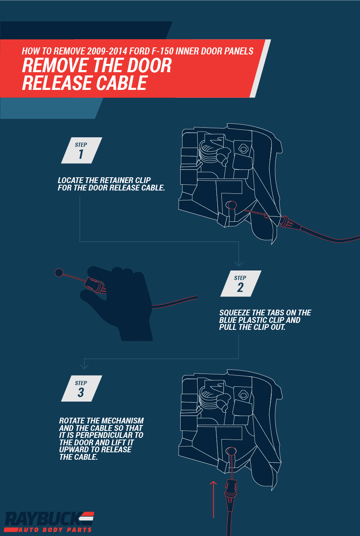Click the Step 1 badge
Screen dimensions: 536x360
click(81, 150)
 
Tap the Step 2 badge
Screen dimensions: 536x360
click(240, 284)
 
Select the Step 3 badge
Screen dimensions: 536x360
click(81, 388)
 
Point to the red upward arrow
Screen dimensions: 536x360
click(213, 499)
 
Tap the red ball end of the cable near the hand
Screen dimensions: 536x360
click(59, 272)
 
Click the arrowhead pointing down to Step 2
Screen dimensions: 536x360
click(239, 263)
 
